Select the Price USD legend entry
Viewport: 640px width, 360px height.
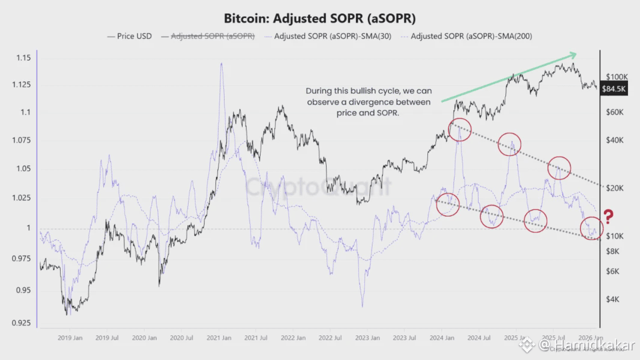pos(129,36)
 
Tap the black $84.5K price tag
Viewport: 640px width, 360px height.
pos(614,89)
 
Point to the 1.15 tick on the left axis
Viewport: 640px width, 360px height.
pos(23,58)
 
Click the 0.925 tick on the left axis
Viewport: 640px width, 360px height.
pos(22,323)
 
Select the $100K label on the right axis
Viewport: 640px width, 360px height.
pos(617,77)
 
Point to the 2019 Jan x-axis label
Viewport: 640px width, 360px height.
pos(70,338)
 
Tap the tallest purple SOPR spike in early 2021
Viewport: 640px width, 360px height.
pos(222,64)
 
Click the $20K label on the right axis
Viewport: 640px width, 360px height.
pos(615,188)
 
